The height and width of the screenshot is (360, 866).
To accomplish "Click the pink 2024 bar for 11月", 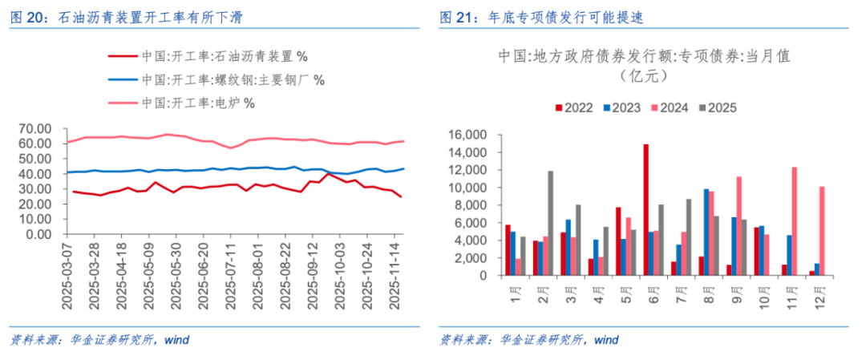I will point(794,221).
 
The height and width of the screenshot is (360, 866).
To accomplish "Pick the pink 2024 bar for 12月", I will point(821,231).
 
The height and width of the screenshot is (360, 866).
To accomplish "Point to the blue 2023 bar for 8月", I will point(706,233).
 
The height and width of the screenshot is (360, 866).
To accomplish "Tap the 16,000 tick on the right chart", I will point(468,135).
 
